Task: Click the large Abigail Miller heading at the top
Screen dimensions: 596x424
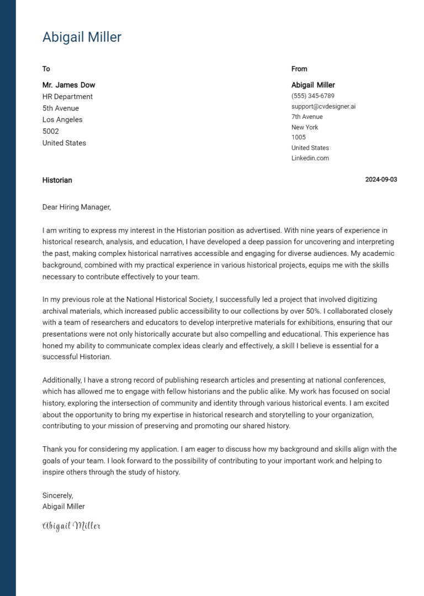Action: click(82, 37)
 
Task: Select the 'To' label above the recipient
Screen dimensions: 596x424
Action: click(46, 69)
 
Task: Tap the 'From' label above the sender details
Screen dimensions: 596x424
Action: click(299, 69)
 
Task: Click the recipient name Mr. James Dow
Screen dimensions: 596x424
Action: click(68, 85)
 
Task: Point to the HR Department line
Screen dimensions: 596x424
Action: click(67, 97)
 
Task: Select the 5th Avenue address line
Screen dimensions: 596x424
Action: click(61, 108)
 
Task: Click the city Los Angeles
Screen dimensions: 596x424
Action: click(62, 120)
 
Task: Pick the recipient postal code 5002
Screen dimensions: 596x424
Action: click(51, 132)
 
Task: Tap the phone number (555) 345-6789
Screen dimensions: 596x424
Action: click(312, 96)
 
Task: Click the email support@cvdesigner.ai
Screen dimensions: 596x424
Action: click(324, 106)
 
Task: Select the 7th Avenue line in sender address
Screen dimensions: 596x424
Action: click(307, 117)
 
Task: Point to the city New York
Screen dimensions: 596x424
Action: click(305, 127)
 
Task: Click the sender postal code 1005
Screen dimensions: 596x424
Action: click(298, 137)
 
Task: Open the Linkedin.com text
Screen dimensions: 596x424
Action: click(310, 158)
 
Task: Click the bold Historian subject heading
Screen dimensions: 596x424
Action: click(57, 180)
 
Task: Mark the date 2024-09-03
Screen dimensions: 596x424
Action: click(381, 180)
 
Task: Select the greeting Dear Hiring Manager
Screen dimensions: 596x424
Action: click(77, 207)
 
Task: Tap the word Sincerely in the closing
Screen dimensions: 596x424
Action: click(57, 495)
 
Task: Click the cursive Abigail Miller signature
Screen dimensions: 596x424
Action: click(71, 526)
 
